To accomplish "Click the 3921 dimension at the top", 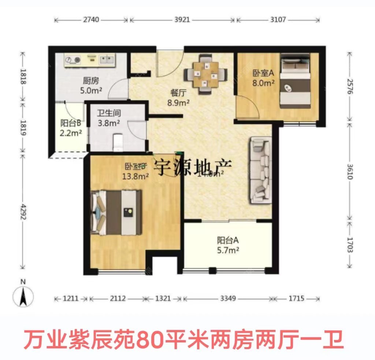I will tap(182, 19).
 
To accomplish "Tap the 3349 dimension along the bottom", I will tap(228, 298).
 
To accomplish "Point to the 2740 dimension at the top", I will tap(91, 19).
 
